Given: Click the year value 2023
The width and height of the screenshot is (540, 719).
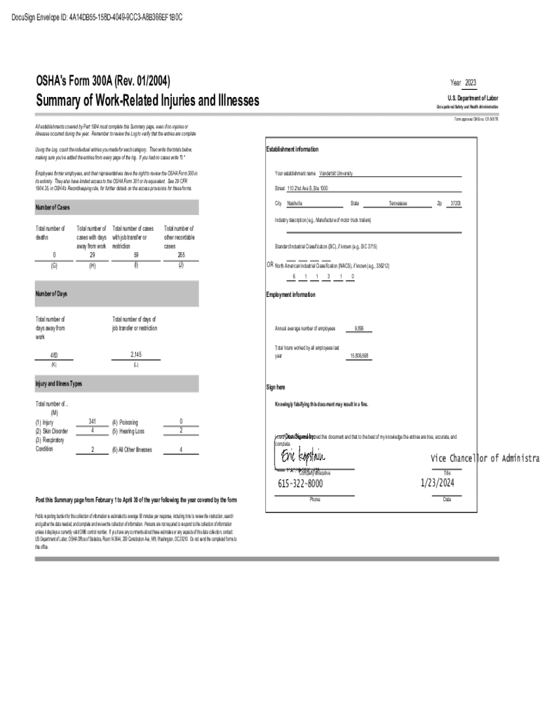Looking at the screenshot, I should tap(470, 83).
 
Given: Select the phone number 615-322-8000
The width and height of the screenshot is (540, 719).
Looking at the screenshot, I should tap(300, 484).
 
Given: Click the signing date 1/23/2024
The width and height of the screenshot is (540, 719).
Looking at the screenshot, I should tap(438, 483).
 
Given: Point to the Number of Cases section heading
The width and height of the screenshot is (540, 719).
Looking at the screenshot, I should tap(53, 208).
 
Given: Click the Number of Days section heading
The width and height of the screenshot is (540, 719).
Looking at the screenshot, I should tap(51, 293).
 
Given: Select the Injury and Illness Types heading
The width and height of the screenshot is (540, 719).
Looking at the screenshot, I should tap(59, 384).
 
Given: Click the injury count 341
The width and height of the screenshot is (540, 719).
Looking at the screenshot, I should tap(93, 421).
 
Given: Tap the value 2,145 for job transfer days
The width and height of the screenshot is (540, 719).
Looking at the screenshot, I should tap(135, 354).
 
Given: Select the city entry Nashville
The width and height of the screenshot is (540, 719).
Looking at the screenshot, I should tap(295, 203).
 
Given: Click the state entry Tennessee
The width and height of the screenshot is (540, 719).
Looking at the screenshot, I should tap(398, 203).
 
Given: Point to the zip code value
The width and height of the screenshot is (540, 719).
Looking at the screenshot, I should tap(455, 203).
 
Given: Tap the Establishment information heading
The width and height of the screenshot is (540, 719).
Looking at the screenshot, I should tap(292, 150).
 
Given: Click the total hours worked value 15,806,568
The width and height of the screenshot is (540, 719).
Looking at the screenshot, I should tap(359, 356).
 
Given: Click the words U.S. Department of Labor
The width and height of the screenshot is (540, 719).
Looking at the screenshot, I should tap(473, 98).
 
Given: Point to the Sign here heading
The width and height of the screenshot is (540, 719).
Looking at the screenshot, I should tap(276, 387).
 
